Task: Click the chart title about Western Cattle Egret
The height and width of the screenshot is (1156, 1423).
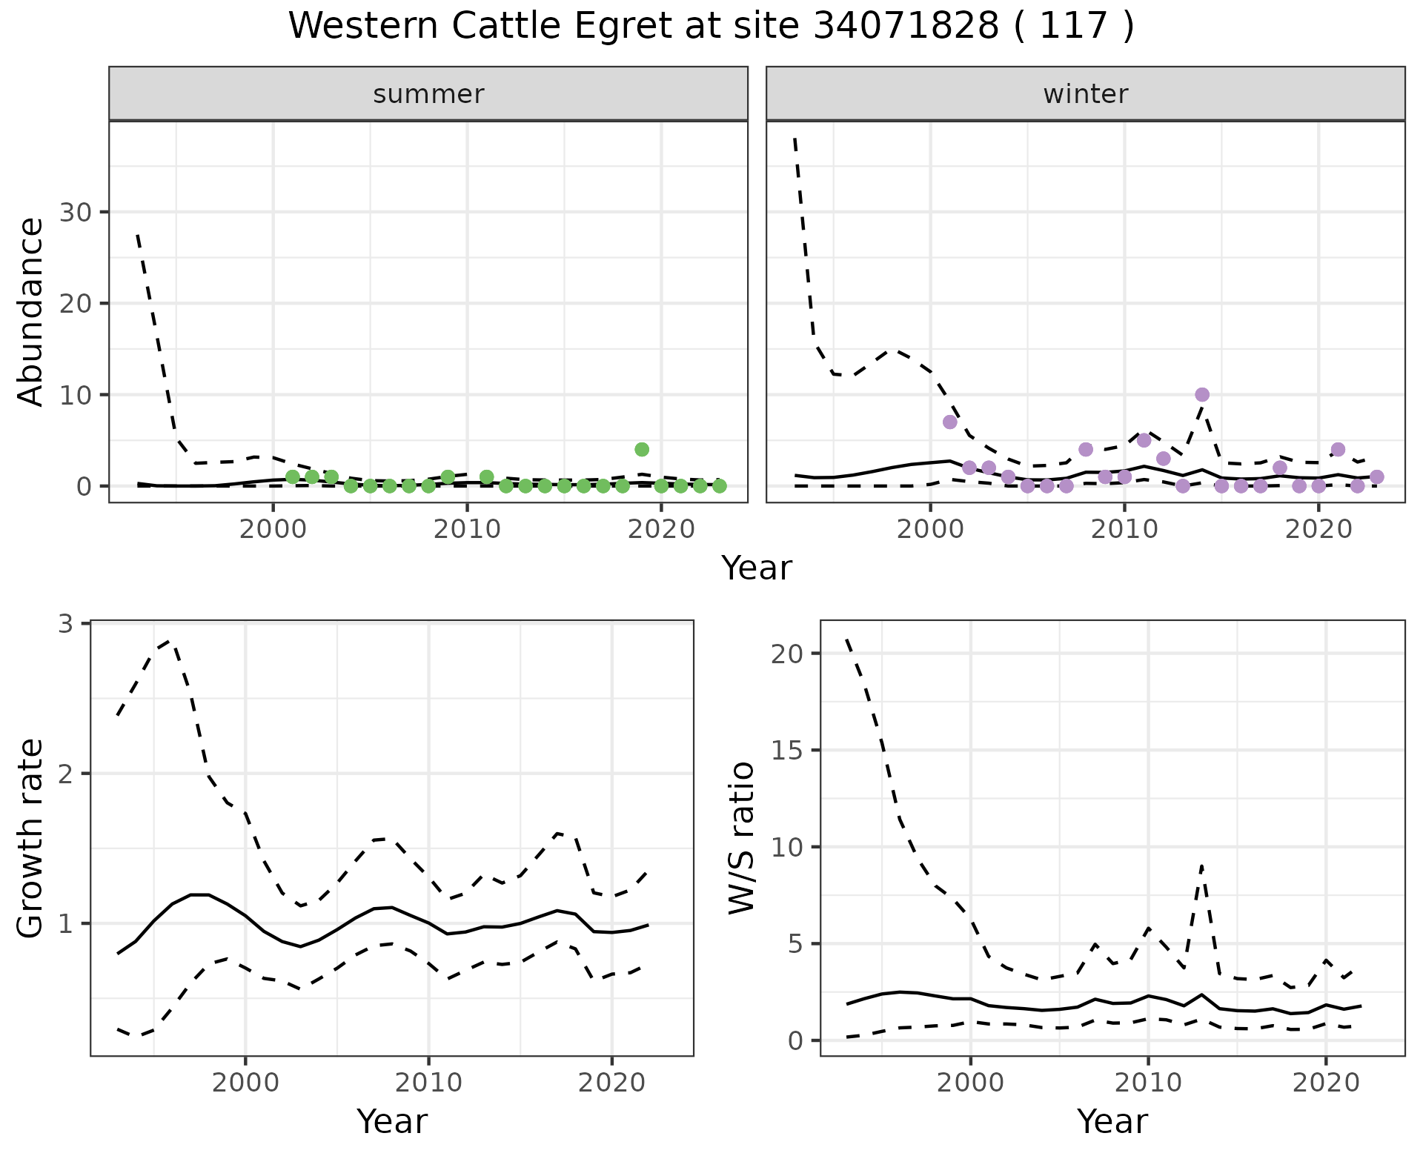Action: [x=711, y=27]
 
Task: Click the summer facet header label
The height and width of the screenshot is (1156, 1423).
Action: [x=428, y=94]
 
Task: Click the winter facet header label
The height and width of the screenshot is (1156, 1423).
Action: [x=1085, y=94]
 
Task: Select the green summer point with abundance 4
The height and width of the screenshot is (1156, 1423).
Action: [x=642, y=449]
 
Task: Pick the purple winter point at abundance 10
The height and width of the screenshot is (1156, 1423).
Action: [x=1202, y=394]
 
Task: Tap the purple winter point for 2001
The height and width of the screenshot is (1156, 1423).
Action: [x=949, y=422]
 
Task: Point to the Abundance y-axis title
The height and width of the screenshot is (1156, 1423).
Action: [x=30, y=311]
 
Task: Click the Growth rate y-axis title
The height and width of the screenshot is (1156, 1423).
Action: [x=30, y=839]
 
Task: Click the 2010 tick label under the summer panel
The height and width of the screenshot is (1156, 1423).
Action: [x=467, y=530]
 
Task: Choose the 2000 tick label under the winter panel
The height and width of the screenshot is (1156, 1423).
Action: [x=930, y=530]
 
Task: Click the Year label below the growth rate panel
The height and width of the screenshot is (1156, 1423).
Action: [x=392, y=1121]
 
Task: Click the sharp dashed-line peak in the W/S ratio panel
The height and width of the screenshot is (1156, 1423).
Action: [x=1201, y=865]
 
